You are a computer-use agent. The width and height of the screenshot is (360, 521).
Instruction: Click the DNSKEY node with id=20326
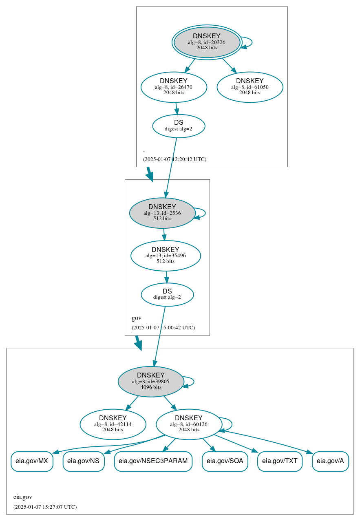[x=207, y=42]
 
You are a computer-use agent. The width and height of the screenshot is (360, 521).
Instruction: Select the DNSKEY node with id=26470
[x=174, y=87]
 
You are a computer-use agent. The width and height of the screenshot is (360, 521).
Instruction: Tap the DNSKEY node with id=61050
[x=250, y=87]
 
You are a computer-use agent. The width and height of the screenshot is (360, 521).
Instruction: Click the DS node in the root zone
[x=179, y=126]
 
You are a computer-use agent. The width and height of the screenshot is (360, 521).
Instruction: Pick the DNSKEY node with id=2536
[x=162, y=213]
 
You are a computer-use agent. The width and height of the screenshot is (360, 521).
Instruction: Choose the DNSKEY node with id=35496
[x=166, y=256]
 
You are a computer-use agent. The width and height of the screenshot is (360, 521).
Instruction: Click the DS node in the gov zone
[x=167, y=294]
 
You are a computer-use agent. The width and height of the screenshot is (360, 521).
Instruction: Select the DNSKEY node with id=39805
[x=151, y=382]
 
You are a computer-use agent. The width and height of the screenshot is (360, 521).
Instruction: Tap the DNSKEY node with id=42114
[x=113, y=424]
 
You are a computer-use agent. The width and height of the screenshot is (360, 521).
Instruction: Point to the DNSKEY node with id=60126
[x=189, y=424]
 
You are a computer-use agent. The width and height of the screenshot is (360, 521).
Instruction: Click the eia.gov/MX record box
[x=32, y=461]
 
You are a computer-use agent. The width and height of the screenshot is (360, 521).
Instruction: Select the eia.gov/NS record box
[x=84, y=461]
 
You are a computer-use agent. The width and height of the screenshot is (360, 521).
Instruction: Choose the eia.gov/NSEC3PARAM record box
[x=153, y=461]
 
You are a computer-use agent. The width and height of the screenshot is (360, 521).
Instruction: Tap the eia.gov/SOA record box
[x=225, y=461]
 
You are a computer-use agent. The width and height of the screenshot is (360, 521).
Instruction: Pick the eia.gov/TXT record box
[x=280, y=461]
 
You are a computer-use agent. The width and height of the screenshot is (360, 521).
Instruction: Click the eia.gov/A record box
[x=330, y=461]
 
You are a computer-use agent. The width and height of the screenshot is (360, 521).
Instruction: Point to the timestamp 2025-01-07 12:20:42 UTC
[x=174, y=159]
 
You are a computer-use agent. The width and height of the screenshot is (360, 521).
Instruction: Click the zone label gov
[x=137, y=318]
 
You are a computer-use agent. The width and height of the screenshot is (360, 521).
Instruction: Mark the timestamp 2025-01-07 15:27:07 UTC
[x=45, y=507]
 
